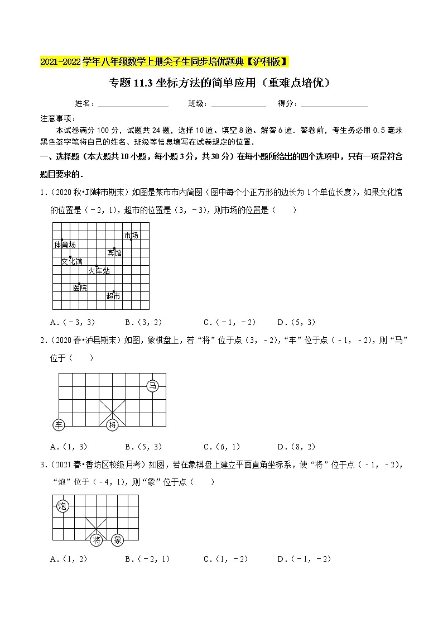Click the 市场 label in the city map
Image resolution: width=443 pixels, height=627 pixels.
pyautogui.click(x=131, y=235)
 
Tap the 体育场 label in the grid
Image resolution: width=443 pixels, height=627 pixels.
pyautogui.click(x=65, y=245)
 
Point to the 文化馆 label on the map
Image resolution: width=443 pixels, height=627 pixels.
pyautogui.click(x=71, y=261)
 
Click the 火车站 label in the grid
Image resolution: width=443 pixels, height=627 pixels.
pyautogui.click(x=99, y=271)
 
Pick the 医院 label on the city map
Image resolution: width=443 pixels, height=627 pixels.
pyautogui.click(x=80, y=288)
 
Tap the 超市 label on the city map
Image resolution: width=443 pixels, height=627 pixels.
pyautogui.click(x=113, y=296)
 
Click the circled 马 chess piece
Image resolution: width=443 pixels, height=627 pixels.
pyautogui.click(x=153, y=385)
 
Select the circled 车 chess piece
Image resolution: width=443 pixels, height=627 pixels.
pyautogui.click(x=59, y=425)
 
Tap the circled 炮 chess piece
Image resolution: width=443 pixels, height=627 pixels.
pyautogui.click(x=62, y=506)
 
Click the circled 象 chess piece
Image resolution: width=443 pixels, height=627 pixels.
pyautogui.click(x=117, y=540)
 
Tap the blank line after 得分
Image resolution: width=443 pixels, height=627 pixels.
pyautogui.click(x=334, y=104)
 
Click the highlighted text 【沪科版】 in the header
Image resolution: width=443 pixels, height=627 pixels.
pyautogui.click(x=266, y=61)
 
